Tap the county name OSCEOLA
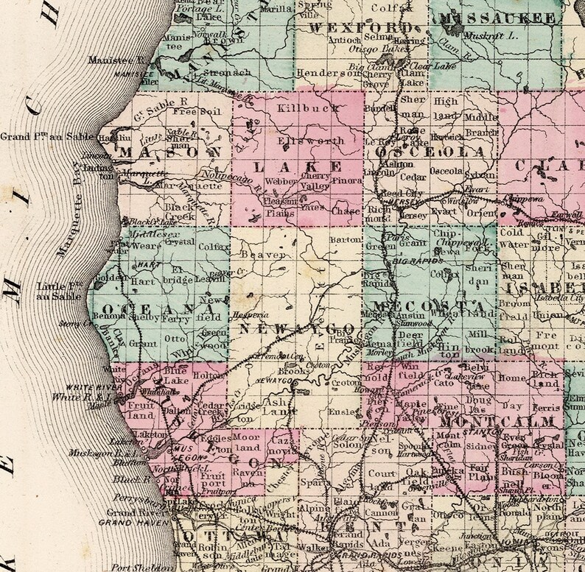pyautogui.click(x=423, y=152)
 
